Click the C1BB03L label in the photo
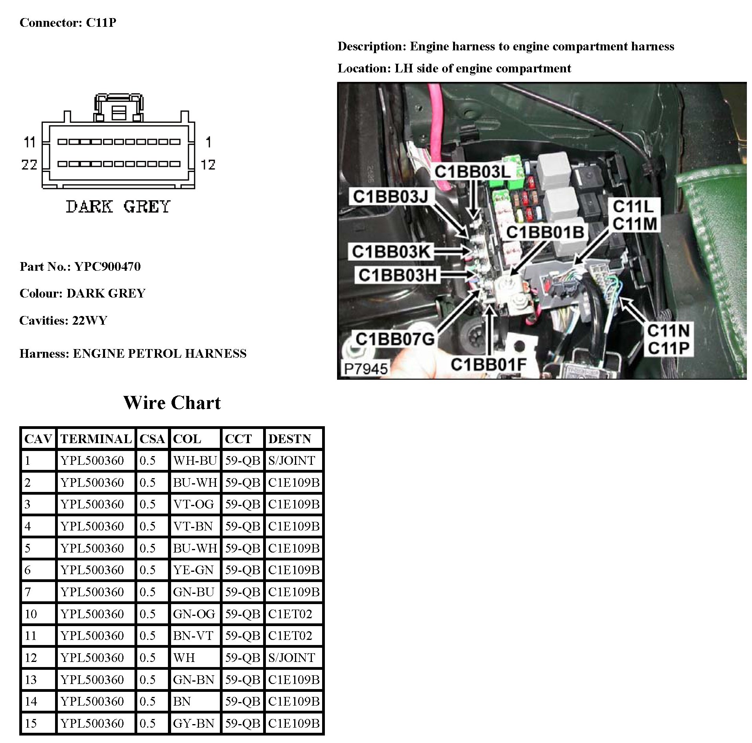(x=472, y=172)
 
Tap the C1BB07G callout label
(x=395, y=339)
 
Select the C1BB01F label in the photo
(x=488, y=364)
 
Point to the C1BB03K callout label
(x=391, y=251)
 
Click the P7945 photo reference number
(x=365, y=369)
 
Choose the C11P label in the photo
(x=668, y=348)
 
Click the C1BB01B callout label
(x=545, y=232)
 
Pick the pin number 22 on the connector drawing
(x=29, y=164)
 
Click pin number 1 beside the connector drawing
(x=208, y=142)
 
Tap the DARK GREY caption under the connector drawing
(x=118, y=207)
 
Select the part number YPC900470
(x=107, y=266)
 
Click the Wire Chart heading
(x=172, y=403)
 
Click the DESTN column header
(x=289, y=439)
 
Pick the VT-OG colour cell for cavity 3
(x=194, y=504)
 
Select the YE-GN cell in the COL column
(x=194, y=570)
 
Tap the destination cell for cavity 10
(x=290, y=614)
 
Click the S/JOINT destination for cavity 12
(x=291, y=658)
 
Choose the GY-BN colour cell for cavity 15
(x=194, y=723)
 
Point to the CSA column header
(x=152, y=439)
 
